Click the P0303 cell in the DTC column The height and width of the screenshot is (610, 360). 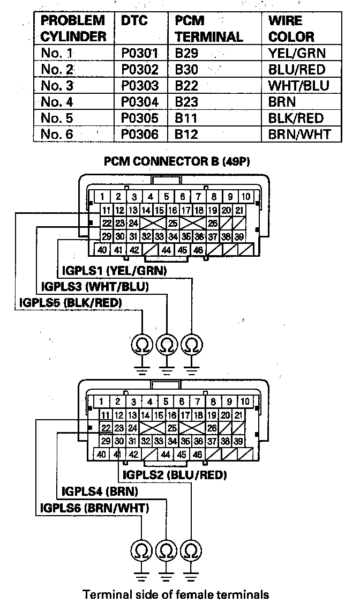pos(140,85)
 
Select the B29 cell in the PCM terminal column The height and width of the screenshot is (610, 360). pos(186,53)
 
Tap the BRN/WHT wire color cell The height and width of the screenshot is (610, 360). pos(299,134)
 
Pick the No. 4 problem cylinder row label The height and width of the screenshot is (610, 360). pos(57,101)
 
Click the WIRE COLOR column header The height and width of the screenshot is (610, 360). pos(291,28)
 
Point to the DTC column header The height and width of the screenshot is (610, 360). pos(134,20)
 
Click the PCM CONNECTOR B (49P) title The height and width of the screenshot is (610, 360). pos(177,161)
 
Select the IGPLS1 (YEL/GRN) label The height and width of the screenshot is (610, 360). pos(114,270)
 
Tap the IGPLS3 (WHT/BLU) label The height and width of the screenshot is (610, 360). pos(95,287)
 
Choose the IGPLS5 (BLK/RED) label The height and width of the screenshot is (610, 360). pos(70,302)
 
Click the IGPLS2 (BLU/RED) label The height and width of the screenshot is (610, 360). pos(175,474)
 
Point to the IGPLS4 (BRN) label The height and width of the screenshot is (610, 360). pos(100,492)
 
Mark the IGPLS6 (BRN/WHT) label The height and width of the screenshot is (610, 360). pos(94,508)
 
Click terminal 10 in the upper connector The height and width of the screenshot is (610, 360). pos(246,197)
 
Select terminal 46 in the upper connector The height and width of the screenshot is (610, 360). pos(198,250)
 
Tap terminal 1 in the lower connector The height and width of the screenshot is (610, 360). pos(101,401)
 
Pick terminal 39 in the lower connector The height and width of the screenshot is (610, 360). pos(238,441)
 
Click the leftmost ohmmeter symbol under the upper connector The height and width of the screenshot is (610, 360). pos(142,344)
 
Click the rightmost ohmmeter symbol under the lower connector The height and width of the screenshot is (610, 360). pos(191,550)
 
